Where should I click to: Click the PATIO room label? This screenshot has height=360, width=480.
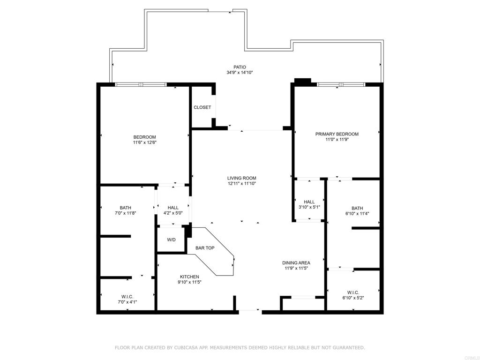click(x=240, y=67)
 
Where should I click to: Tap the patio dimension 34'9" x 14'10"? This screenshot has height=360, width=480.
click(x=240, y=73)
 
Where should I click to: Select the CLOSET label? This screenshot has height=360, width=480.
click(x=202, y=107)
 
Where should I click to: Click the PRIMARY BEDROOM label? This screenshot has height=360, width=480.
click(x=337, y=134)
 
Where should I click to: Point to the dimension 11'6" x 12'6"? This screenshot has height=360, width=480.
click(x=144, y=142)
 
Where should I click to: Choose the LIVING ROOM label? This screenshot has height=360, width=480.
click(x=241, y=178)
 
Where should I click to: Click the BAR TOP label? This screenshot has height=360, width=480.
click(x=205, y=248)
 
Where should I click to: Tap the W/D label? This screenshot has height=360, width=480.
click(x=172, y=240)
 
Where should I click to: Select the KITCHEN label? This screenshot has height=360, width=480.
click(x=189, y=277)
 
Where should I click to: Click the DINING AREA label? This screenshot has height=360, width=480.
click(x=296, y=263)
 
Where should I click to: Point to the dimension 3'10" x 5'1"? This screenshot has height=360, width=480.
click(x=309, y=207)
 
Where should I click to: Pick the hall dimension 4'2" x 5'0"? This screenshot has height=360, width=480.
click(x=173, y=213)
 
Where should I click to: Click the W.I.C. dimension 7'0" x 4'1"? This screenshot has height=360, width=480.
click(x=127, y=302)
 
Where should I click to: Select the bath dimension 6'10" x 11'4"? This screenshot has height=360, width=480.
click(x=357, y=214)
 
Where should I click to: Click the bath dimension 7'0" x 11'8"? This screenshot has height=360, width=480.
click(x=125, y=213)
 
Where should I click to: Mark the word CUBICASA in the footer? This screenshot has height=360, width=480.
click(x=187, y=348)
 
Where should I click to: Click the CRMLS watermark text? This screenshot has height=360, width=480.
click(x=472, y=357)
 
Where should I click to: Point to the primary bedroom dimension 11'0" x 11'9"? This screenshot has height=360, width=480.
click(x=337, y=140)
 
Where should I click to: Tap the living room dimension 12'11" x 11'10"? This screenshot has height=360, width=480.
click(x=241, y=184)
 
